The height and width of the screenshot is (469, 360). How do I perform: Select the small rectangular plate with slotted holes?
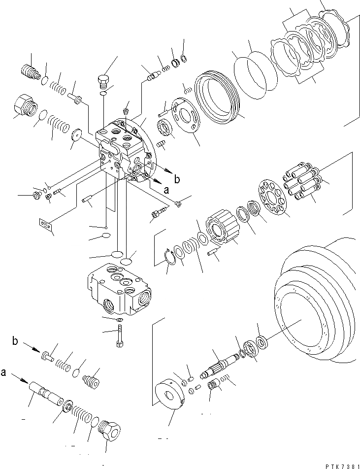[x=46, y=224]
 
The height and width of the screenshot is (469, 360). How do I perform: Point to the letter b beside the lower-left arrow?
[x=15, y=341]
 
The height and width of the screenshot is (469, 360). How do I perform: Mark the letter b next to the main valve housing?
[x=178, y=178]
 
